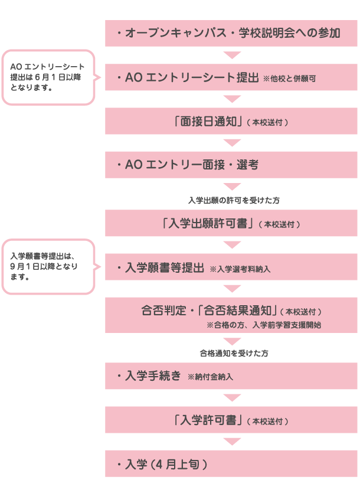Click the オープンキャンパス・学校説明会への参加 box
pos(231,33)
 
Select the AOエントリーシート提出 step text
pos(188,77)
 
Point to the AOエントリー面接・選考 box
pos(231,165)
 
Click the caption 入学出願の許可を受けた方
pos(234,201)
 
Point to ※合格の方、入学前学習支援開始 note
pos(263,325)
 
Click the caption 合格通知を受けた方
pos(234,353)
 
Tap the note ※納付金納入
pos(213,377)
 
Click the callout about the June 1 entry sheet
pos(48,77)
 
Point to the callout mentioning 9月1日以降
pos(48,266)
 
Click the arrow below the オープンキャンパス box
pos(233,55)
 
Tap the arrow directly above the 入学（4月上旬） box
pos(233,442)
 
